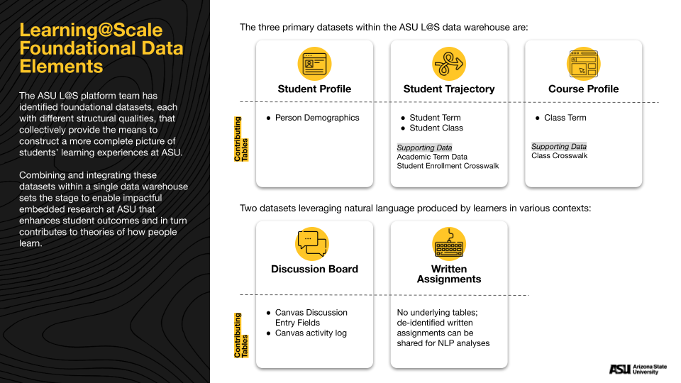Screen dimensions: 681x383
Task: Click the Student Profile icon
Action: coord(314,64)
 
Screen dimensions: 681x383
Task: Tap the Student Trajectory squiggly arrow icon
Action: coord(449,64)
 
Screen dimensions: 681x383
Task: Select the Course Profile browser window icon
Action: coord(583,64)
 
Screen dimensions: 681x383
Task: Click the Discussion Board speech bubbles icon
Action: coord(312,243)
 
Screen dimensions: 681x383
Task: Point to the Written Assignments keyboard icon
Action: coord(449,243)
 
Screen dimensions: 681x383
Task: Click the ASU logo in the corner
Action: coord(638,369)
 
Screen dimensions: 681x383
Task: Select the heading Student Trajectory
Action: coord(449,89)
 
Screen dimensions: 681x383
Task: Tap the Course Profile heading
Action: coord(583,89)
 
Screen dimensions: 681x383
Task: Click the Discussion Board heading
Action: coord(314,270)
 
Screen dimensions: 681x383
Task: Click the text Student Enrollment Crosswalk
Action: coord(448,166)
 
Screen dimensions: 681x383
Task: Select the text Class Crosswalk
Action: coord(560,156)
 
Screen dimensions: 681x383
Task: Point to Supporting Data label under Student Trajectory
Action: coord(424,148)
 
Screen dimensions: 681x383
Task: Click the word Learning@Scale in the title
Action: coord(91,30)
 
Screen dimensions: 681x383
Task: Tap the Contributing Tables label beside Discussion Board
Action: coord(241,335)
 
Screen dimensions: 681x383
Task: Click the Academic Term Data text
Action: coord(432,157)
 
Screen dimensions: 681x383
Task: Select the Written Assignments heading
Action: coord(449,274)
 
